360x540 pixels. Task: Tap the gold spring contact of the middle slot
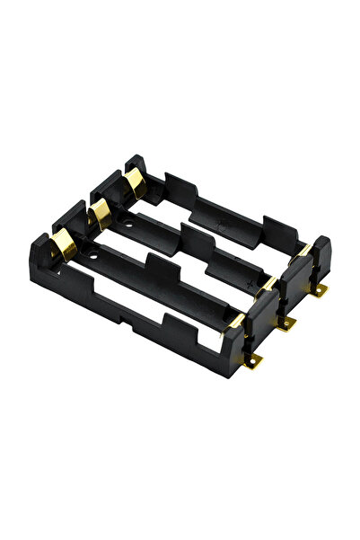click(x=100, y=212)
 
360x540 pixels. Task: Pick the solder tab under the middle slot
click(x=286, y=323)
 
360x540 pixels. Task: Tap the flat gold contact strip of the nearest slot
click(x=236, y=319)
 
